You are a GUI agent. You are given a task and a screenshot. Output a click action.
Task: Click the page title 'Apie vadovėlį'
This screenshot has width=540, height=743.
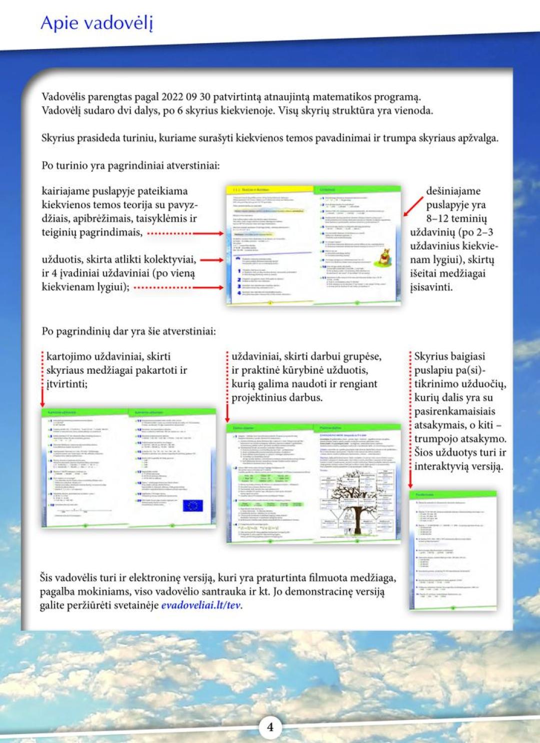coord(96,23)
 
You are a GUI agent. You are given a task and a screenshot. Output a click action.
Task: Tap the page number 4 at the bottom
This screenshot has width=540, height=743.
coord(270,727)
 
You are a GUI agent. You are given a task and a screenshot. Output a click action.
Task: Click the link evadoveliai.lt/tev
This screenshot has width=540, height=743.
coord(201,605)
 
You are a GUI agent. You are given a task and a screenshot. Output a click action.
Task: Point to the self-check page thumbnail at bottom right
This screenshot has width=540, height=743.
coord(452,550)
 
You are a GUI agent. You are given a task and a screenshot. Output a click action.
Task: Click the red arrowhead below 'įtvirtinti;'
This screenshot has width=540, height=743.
coord(42,403)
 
